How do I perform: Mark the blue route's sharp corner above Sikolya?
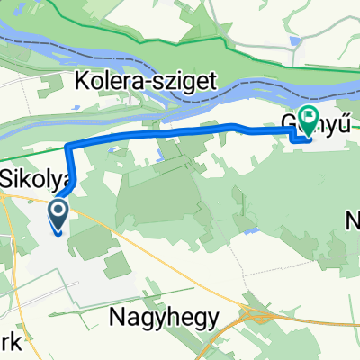[68, 145]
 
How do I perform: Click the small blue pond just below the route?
[157, 154]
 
